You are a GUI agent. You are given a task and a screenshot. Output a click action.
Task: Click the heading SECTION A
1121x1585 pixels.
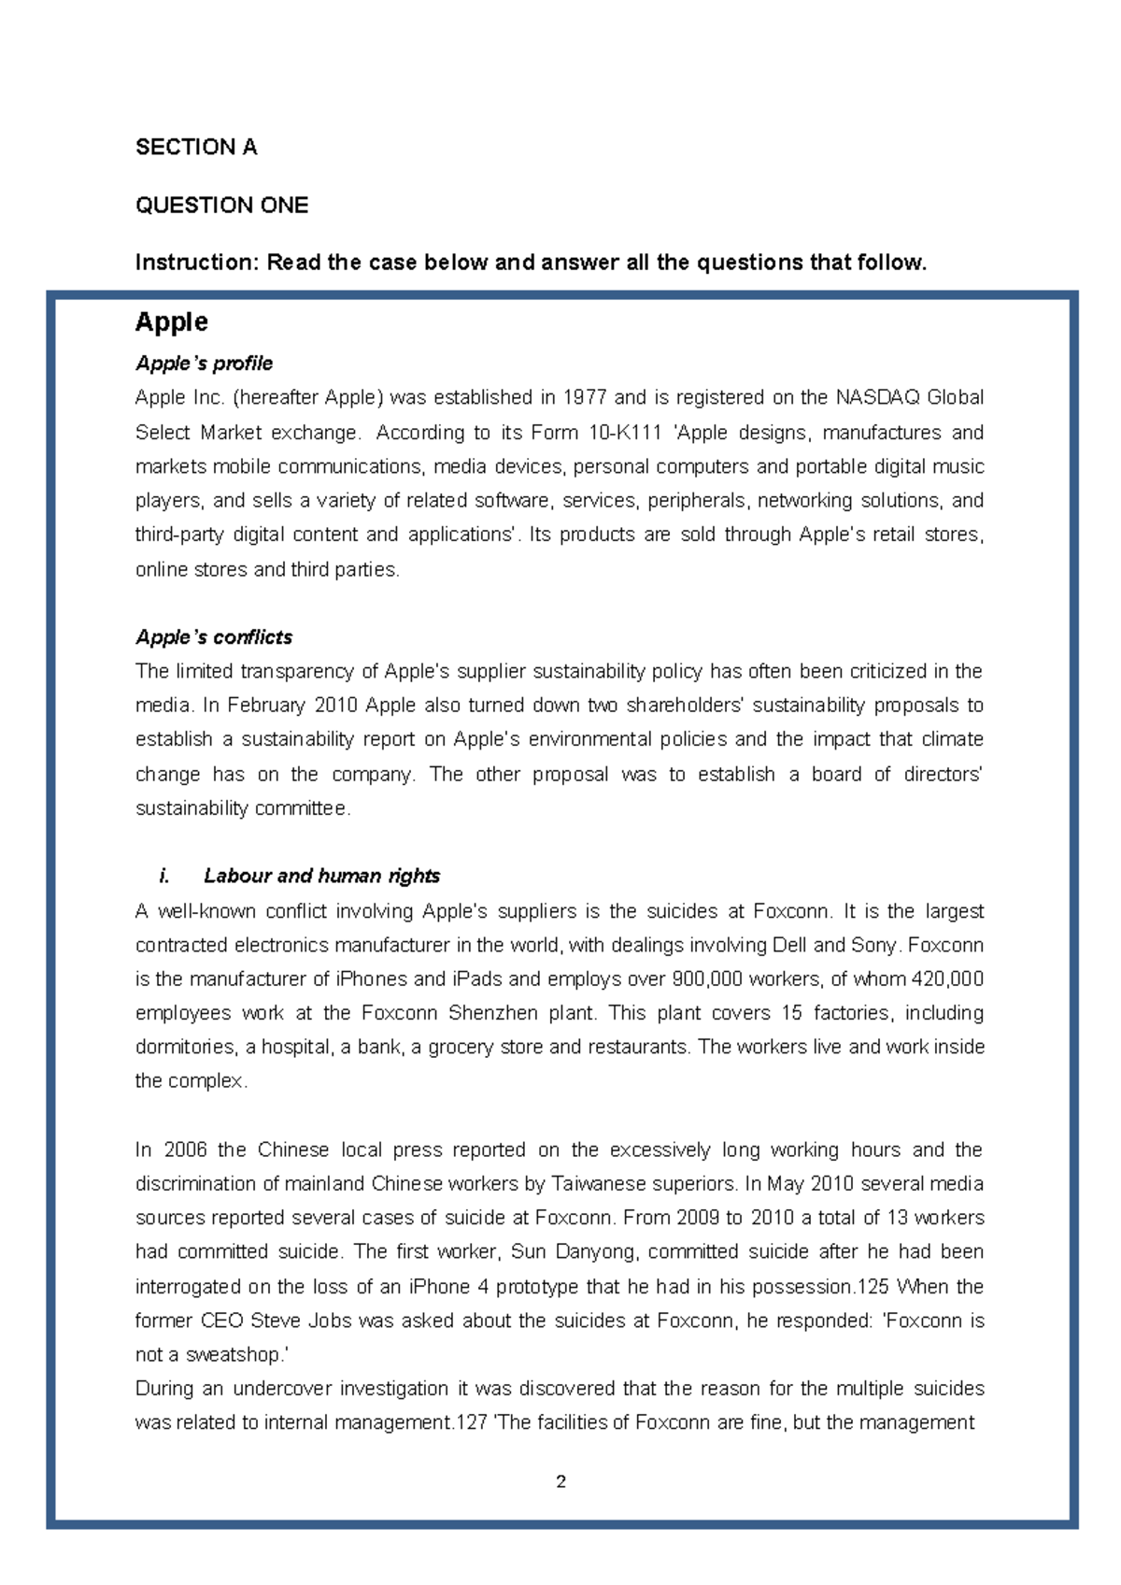tap(196, 147)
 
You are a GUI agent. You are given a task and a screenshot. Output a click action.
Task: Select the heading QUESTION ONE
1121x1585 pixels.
tap(221, 205)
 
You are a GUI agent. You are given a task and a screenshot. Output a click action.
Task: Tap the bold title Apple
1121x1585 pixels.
tap(171, 321)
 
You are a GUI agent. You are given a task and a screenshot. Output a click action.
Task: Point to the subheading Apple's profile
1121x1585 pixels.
tap(204, 364)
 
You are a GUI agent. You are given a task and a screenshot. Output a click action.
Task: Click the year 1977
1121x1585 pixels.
tap(584, 397)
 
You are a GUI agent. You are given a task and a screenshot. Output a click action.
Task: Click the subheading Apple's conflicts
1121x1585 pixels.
tap(214, 637)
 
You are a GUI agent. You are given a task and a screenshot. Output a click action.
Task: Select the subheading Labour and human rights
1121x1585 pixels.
tap(321, 876)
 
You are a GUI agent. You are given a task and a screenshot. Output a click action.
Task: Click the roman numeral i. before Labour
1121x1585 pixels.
tap(164, 876)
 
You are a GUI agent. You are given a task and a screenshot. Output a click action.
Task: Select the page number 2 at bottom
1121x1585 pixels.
tap(560, 1481)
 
